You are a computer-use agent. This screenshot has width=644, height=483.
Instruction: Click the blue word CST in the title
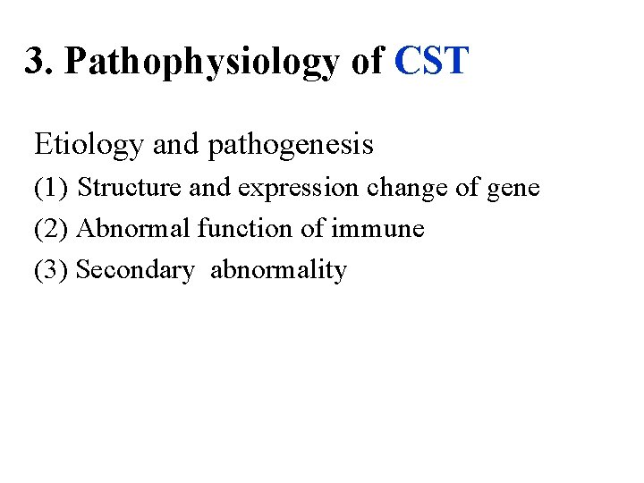431,62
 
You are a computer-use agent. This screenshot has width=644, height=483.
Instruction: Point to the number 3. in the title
39,62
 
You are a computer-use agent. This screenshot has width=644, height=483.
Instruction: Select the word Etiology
89,144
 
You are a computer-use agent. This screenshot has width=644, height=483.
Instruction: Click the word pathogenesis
290,145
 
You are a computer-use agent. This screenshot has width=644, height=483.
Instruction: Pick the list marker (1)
51,188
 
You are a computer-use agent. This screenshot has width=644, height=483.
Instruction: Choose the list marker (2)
51,229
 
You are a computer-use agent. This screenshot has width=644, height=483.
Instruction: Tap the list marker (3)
51,270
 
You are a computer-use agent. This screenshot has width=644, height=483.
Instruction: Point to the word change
404,189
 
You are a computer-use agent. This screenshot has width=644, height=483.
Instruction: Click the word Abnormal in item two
134,229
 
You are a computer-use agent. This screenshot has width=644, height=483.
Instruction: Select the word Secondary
135,270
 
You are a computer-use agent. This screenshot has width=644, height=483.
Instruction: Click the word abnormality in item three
278,270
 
